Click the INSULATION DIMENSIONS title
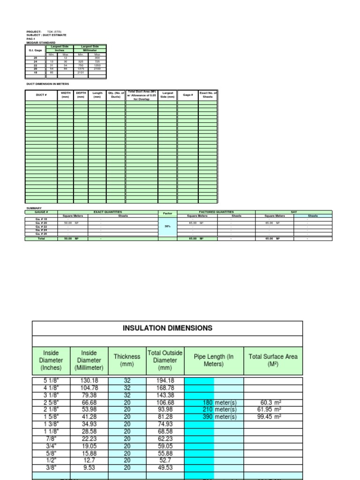coord(167,328)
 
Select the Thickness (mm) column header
coord(127,360)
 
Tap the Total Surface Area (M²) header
coord(273,360)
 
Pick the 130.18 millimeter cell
coord(89,381)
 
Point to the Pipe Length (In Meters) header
coord(214,360)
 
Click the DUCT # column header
coord(41,95)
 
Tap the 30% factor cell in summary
coord(167,226)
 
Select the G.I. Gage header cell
coord(36,50)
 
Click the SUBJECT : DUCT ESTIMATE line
coord(46,35)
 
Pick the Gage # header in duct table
coord(187,95)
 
